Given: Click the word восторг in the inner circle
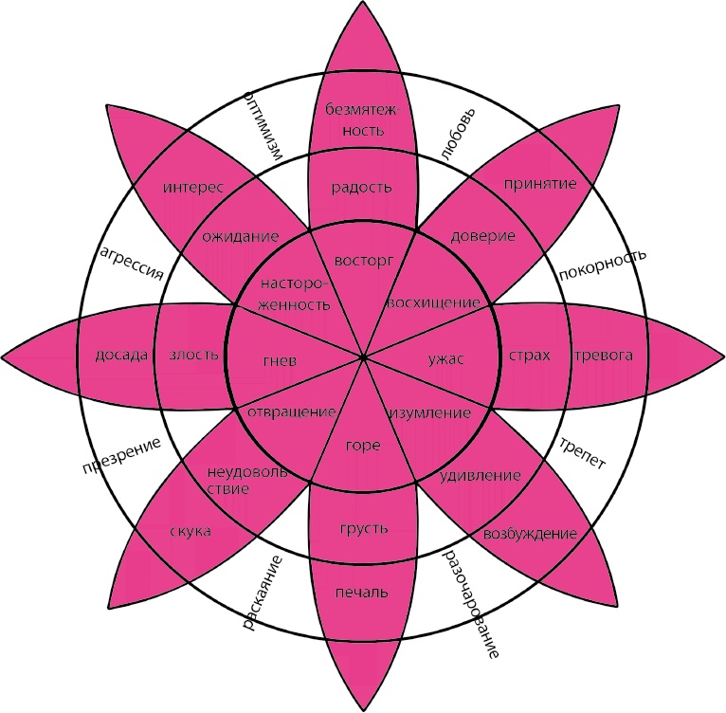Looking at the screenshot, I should click(364, 258).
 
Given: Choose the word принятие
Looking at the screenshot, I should click(540, 184).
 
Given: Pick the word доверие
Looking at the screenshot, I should click(483, 235).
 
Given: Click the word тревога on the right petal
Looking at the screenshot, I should click(603, 356).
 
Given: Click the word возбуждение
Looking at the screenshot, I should click(530, 534).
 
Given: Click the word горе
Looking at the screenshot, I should click(363, 445).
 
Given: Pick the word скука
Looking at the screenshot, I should click(191, 531).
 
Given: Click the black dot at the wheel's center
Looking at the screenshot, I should click(363, 356).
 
